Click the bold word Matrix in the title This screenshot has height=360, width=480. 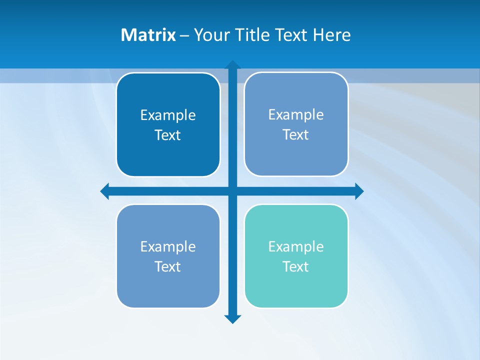[x=148, y=35]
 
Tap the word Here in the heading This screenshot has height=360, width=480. [x=331, y=35]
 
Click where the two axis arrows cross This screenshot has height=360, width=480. [x=232, y=191]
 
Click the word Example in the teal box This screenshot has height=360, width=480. [x=296, y=246]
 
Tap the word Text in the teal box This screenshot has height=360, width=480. [x=296, y=266]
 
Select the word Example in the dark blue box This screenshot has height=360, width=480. [x=168, y=115]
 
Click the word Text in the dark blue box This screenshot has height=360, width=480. [x=168, y=135]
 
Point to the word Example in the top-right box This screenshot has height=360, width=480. [x=296, y=114]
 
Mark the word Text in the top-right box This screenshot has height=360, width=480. [x=296, y=134]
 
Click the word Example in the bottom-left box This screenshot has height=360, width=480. [x=168, y=246]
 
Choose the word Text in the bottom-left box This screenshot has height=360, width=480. [x=168, y=266]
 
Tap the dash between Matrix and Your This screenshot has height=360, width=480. [x=184, y=35]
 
